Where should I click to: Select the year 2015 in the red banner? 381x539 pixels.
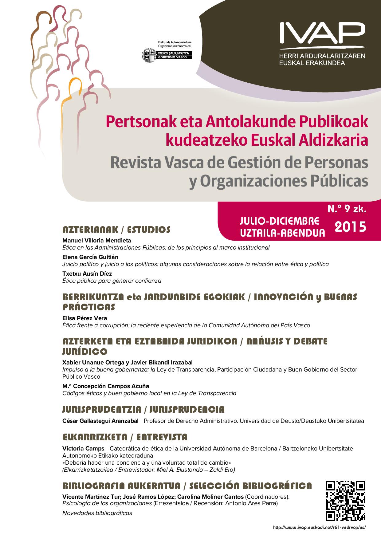350,227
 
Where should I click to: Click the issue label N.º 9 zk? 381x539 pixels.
347,210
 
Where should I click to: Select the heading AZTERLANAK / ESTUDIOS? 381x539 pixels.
116,230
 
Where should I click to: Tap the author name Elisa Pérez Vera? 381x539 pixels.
84,318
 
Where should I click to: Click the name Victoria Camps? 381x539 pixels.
83,448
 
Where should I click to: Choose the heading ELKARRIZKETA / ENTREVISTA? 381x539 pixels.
125,437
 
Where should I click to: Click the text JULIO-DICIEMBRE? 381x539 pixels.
280,221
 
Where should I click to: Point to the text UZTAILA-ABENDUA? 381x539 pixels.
282,233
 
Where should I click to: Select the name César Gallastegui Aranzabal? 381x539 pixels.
100,421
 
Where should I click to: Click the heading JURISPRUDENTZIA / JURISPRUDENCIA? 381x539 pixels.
143,409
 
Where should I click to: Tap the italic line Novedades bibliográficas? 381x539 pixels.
97,513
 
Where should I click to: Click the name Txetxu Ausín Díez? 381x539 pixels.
87,273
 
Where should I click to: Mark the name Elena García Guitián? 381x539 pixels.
90,257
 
